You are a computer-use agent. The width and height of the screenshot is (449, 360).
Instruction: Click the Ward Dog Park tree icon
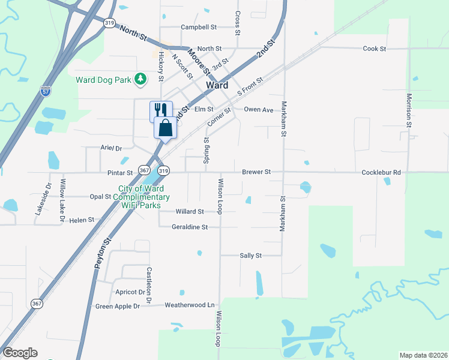coord(140,79)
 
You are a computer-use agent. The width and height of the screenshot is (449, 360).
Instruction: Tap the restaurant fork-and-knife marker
coord(160,110)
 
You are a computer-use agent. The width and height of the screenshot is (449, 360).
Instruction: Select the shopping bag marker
coord(166,127)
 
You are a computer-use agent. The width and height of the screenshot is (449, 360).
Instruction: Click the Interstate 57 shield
coord(46,92)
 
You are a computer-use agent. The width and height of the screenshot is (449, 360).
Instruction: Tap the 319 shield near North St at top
coord(109,23)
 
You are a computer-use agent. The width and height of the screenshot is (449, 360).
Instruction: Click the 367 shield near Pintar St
coord(144,170)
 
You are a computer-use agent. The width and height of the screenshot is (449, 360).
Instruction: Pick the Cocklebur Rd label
coord(381,172)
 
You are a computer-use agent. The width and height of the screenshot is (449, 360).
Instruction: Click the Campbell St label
coord(198,27)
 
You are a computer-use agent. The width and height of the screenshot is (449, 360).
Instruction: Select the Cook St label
coord(375,49)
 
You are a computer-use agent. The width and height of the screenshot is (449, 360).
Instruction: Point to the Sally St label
coord(251,255)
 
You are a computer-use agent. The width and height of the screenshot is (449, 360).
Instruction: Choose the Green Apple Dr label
coord(118,306)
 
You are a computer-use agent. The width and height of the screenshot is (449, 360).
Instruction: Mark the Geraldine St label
coord(189,227)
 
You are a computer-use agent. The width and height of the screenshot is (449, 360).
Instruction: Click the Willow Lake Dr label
coord(61,200)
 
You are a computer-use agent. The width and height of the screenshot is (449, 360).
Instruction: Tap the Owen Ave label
coord(259,110)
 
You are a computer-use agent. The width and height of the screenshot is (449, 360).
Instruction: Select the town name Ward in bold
coord(217,85)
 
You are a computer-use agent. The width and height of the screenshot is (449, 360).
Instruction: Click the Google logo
coord(20,353)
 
